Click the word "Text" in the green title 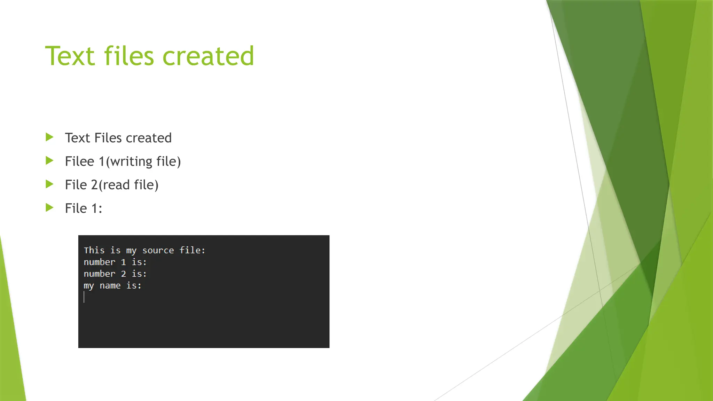click(x=70, y=56)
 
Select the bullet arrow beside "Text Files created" click(x=50, y=137)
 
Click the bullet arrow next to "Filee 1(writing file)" click(x=50, y=160)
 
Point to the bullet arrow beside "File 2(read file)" click(x=50, y=184)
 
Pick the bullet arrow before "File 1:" click(x=50, y=208)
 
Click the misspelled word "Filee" click(x=79, y=162)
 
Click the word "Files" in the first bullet click(x=108, y=138)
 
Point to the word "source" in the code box click(x=158, y=250)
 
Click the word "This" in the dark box click(x=94, y=250)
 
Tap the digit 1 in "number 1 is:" click(x=123, y=262)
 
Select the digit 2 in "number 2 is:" click(x=123, y=274)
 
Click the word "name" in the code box click(x=110, y=286)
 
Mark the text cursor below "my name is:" click(x=84, y=297)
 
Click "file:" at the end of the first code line click(x=192, y=250)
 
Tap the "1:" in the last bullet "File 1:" click(x=96, y=209)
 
